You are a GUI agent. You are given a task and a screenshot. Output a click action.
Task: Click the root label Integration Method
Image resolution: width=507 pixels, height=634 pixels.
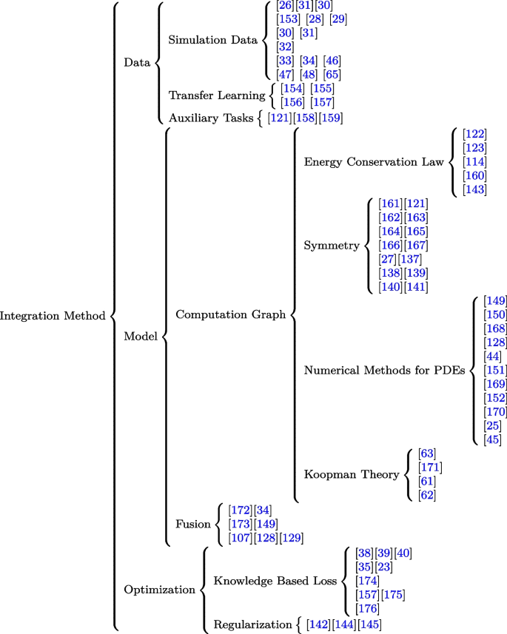(x=53, y=316)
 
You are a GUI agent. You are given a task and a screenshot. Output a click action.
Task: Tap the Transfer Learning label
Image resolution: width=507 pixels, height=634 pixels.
(x=217, y=95)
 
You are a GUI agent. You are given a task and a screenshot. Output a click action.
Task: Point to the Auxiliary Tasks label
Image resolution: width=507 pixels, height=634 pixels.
(x=210, y=118)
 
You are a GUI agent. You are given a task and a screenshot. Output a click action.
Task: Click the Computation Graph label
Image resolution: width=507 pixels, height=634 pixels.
(x=230, y=315)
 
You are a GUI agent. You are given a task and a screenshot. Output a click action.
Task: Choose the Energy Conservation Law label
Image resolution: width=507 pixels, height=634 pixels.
(x=373, y=161)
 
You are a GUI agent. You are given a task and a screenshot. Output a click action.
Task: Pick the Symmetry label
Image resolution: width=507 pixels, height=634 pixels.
(x=332, y=246)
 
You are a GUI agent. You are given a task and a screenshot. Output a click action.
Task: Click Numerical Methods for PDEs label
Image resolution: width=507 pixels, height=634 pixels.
(x=384, y=371)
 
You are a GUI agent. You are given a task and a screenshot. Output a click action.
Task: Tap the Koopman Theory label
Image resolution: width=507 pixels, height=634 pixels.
(x=350, y=475)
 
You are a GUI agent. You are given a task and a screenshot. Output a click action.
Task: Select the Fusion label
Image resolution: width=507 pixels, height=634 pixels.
(x=192, y=524)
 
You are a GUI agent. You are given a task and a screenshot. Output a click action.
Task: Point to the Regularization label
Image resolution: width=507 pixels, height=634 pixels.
(x=252, y=625)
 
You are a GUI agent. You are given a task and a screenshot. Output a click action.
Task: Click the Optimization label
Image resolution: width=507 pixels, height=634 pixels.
(x=159, y=590)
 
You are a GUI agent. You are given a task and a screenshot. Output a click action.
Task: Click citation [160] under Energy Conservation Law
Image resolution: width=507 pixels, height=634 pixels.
(x=474, y=176)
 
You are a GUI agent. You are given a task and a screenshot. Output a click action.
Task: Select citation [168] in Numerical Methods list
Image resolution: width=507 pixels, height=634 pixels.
(x=494, y=328)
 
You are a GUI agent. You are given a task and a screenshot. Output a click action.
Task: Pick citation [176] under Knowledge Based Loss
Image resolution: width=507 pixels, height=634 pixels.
(x=367, y=608)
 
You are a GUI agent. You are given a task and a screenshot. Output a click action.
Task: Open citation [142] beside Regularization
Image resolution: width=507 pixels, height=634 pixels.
(x=318, y=625)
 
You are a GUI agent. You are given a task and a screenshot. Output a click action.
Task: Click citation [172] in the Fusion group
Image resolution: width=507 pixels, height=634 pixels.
(x=241, y=510)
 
